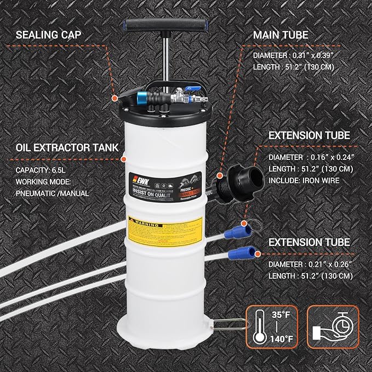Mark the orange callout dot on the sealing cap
pyautogui.click(x=115, y=98)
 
